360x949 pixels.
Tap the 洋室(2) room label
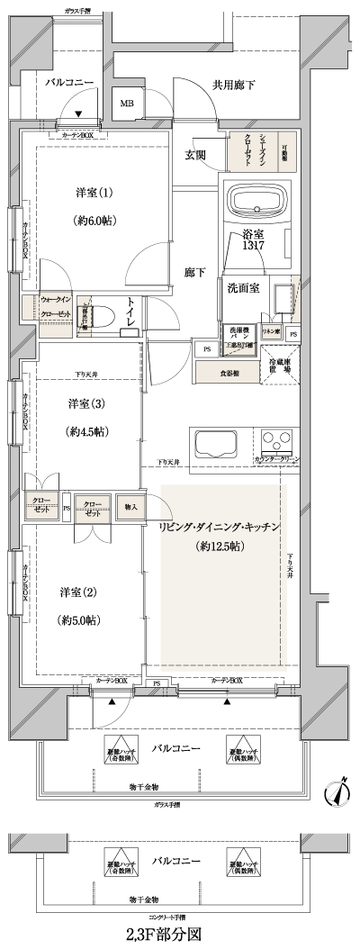(78, 592)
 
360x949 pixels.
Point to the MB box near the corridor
(126, 104)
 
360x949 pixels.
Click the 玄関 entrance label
(195, 155)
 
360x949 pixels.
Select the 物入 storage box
(130, 507)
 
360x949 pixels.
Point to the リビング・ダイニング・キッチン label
(220, 525)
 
